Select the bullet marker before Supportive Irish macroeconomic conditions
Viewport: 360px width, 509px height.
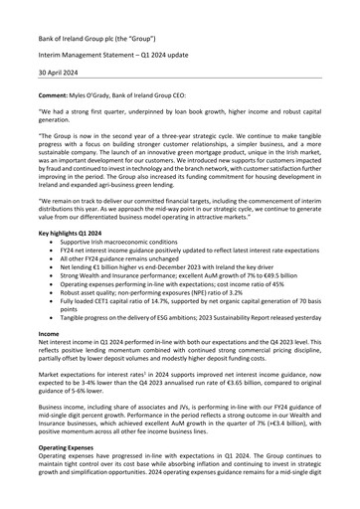click(68, 269)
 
